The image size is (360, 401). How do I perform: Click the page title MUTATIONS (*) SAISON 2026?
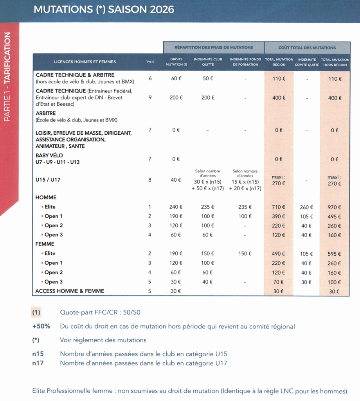pyautogui.click(x=104, y=9)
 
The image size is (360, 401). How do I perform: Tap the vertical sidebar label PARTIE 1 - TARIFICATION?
pyautogui.click(x=8, y=77)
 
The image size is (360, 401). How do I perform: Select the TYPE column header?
pyautogui.click(x=150, y=62)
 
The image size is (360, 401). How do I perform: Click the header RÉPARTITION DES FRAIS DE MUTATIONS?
pyautogui.click(x=214, y=47)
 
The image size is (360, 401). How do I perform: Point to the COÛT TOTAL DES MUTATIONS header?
pyautogui.click(x=307, y=47)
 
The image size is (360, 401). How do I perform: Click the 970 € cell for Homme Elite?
pyautogui.click(x=335, y=207)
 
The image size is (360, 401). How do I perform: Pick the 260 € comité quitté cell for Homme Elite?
pyautogui.click(x=307, y=207)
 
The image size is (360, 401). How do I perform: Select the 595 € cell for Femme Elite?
pyautogui.click(x=335, y=254)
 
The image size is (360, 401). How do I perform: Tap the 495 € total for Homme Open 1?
pyautogui.click(x=335, y=217)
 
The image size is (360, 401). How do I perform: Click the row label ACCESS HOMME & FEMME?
pyautogui.click(x=70, y=291)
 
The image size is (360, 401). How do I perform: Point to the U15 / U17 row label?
pyautogui.click(x=48, y=180)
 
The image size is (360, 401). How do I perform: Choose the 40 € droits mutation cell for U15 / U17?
pyautogui.click(x=176, y=180)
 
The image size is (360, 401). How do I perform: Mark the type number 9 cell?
pyautogui.click(x=150, y=98)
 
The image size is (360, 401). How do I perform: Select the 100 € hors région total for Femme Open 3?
pyautogui.click(x=335, y=282)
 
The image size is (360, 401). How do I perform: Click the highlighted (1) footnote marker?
pyautogui.click(x=36, y=312)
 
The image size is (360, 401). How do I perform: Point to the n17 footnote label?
pyautogui.click(x=38, y=363)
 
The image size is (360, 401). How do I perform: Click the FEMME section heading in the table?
pyautogui.click(x=45, y=244)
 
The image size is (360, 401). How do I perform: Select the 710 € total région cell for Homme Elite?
pyautogui.click(x=279, y=207)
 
